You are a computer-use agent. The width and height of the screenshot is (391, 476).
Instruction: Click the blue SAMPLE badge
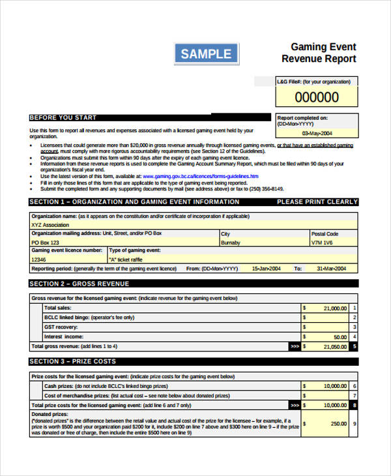(x=207, y=53)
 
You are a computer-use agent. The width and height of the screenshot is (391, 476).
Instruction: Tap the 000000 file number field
(x=317, y=98)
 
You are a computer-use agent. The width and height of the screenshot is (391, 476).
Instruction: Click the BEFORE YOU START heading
(x=63, y=118)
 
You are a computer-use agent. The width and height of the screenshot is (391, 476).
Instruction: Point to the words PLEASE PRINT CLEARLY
(x=317, y=202)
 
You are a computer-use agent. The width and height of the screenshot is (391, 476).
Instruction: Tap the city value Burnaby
(x=231, y=242)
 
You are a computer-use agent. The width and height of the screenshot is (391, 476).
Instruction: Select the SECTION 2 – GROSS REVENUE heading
(x=80, y=284)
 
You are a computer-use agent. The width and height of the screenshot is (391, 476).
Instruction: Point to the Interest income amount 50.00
(x=340, y=337)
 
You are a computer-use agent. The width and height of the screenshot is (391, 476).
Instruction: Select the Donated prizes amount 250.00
(x=337, y=423)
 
